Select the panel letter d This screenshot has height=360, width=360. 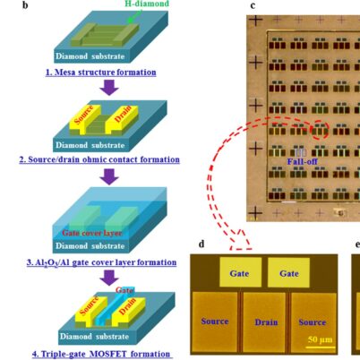pos(200,243)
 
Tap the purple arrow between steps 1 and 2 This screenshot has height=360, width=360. pos(109,87)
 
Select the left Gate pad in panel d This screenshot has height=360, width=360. pos(238,271)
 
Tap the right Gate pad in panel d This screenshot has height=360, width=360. pos(289,271)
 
